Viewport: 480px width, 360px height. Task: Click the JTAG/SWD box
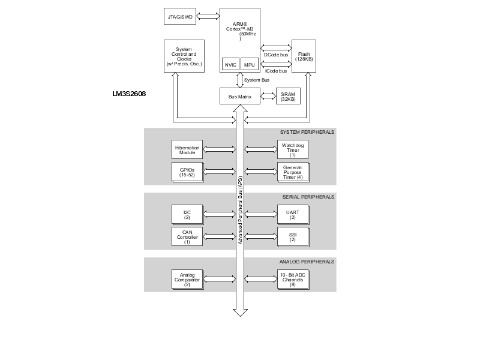click(180, 16)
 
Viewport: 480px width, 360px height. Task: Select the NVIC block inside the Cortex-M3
click(230, 64)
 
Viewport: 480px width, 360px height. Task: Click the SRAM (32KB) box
click(288, 96)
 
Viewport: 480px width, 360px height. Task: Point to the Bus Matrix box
click(239, 96)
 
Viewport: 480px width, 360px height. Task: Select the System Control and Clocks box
click(184, 56)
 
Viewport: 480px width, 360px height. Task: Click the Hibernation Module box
click(187, 149)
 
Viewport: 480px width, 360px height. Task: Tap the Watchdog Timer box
click(292, 149)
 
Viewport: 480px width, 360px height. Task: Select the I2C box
click(187, 214)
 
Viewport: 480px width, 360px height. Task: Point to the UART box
click(292, 214)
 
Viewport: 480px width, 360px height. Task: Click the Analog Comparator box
click(187, 279)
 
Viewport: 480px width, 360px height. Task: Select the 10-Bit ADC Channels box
click(292, 279)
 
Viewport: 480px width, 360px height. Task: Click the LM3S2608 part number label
click(129, 94)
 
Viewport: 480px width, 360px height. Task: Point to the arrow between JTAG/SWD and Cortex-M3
click(208, 16)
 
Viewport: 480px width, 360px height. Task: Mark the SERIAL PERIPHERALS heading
click(307, 197)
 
